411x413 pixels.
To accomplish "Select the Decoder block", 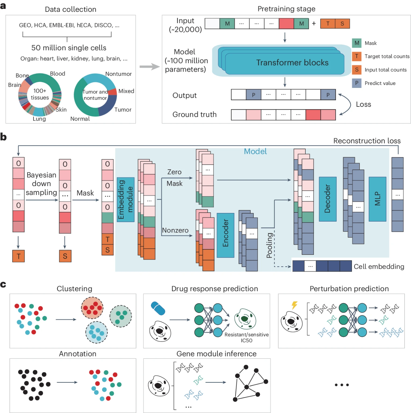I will pyautogui.click(x=328, y=199).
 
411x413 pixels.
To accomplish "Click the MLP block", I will pyautogui.click(x=377, y=199).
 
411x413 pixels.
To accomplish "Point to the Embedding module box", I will pyautogui.click(x=126, y=200).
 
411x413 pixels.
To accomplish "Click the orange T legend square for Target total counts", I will pyautogui.click(x=357, y=56).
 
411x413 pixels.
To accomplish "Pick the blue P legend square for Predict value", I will pyautogui.click(x=357, y=83).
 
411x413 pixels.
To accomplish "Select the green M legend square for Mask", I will pyautogui.click(x=357, y=43).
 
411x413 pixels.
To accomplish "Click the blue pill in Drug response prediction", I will pyautogui.click(x=158, y=308).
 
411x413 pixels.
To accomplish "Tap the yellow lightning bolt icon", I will pyautogui.click(x=294, y=305).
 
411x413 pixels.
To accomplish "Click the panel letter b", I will pyautogui.click(x=4, y=137).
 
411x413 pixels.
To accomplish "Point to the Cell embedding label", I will pyautogui.click(x=379, y=267).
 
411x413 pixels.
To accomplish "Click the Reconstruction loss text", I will pyautogui.click(x=367, y=141).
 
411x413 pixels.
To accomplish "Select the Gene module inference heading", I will pyautogui.click(x=216, y=354).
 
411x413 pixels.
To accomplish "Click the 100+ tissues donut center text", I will pyautogui.click(x=40, y=94).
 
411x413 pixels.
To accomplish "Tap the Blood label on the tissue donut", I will pyautogui.click(x=57, y=74).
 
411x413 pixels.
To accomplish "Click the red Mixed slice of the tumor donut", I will pyautogui.click(x=113, y=92).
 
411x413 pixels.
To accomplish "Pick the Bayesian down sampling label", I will pyautogui.click(x=41, y=183).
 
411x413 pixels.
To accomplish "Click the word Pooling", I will pyautogui.click(x=269, y=245).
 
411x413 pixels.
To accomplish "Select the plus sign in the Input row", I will pyautogui.click(x=314, y=24).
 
